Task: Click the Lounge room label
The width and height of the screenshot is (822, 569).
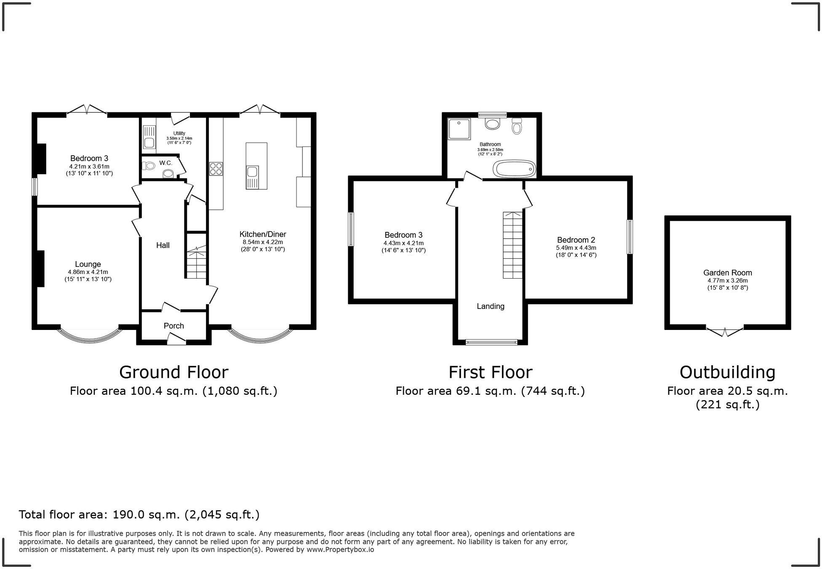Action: (88, 264)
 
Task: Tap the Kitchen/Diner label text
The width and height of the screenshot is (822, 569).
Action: (263, 234)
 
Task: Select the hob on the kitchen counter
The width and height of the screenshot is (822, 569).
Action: (216, 169)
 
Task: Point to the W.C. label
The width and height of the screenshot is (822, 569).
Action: (165, 163)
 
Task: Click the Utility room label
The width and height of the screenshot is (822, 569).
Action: (179, 133)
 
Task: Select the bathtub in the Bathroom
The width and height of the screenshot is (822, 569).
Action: (514, 169)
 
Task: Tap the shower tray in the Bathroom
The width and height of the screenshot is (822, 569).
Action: (459, 129)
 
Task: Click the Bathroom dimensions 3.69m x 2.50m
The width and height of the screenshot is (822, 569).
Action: (490, 150)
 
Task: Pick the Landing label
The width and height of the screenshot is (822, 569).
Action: (490, 306)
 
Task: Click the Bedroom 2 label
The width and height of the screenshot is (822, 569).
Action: (576, 240)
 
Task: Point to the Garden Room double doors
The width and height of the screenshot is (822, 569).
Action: (725, 332)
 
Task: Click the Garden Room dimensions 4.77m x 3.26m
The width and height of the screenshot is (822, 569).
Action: (727, 281)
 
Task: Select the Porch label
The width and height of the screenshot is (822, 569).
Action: (173, 326)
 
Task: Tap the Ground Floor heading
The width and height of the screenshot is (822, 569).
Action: (173, 372)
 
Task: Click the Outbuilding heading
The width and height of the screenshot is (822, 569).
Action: (727, 372)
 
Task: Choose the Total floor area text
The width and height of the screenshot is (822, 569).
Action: (139, 515)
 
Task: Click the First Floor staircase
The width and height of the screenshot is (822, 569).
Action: (512, 245)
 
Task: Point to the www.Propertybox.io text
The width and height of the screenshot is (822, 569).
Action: (340, 550)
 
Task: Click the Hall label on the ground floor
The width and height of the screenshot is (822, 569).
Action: (163, 245)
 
